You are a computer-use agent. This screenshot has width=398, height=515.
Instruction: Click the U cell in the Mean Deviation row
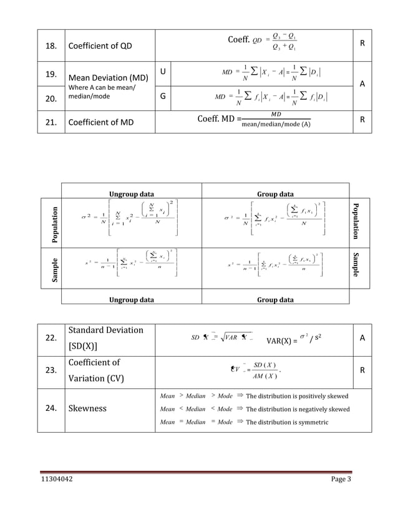click(163, 74)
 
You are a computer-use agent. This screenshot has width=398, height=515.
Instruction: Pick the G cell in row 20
click(163, 97)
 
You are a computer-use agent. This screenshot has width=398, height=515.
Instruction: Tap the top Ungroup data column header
click(132, 193)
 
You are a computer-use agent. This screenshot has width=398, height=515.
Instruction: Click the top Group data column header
click(276, 193)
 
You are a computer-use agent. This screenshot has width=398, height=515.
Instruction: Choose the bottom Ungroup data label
click(132, 300)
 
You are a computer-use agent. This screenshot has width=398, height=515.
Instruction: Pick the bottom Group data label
click(276, 300)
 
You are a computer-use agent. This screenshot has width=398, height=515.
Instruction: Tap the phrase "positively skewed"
click(323, 396)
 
